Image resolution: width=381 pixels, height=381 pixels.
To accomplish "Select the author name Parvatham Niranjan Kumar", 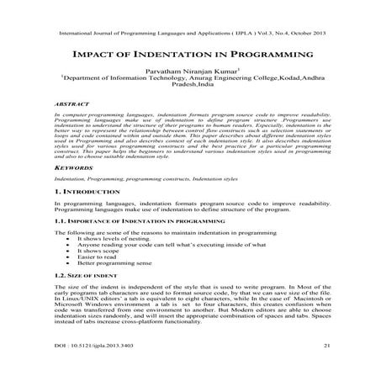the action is (189, 72).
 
